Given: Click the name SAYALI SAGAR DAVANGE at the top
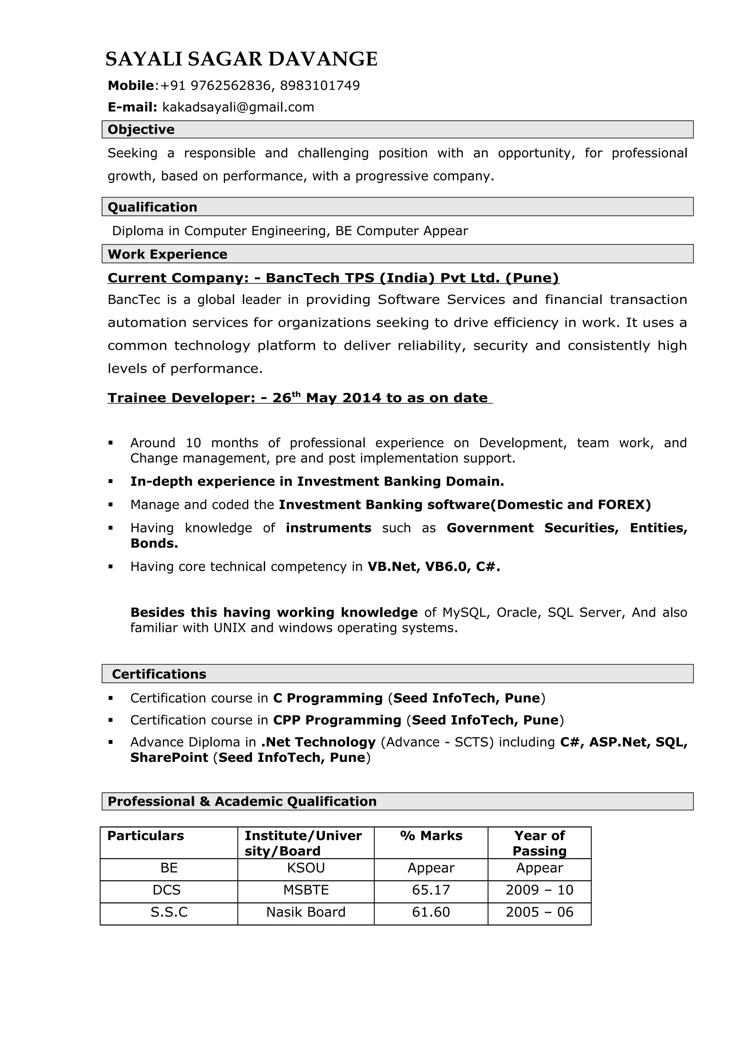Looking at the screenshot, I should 241,59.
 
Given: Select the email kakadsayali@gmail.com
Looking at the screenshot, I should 238,108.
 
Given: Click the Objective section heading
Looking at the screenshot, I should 141,130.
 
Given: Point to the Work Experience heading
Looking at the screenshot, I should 167,254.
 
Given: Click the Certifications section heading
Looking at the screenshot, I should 159,674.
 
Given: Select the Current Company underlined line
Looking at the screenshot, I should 333,278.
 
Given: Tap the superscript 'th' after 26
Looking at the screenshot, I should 297,394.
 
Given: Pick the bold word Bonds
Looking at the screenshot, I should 154,544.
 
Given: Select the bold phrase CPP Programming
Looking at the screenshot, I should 337,720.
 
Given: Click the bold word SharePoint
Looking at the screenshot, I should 169,758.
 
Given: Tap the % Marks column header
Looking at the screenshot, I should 431,836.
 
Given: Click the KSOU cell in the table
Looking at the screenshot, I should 306,868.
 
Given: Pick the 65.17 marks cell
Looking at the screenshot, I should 431,890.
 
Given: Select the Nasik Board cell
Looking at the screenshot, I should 306,912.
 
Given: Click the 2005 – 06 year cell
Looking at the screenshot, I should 539,912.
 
